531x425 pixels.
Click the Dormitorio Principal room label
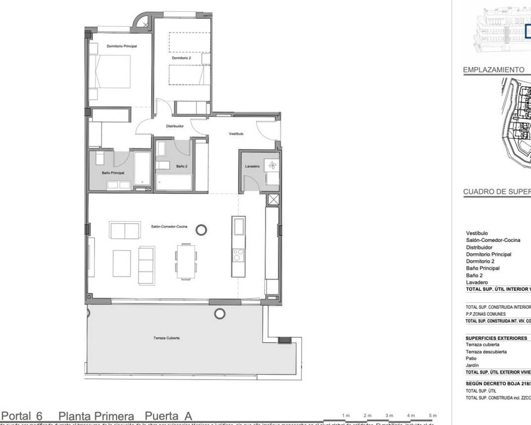[x=122, y=46]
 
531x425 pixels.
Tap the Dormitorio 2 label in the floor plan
[x=181, y=58]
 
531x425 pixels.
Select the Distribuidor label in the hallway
[x=175, y=126]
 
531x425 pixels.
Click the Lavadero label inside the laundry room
[x=252, y=166]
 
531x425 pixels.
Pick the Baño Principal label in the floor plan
[x=113, y=173]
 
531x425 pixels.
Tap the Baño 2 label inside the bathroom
[x=182, y=166]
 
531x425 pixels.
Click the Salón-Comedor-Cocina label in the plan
[x=169, y=227]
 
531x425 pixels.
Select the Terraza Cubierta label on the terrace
[x=166, y=338]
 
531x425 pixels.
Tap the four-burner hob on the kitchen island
[x=239, y=254]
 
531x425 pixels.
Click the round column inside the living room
[x=201, y=229]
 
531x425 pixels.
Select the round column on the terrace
[x=219, y=313]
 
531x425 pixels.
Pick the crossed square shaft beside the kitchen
[x=274, y=200]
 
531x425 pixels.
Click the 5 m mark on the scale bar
[x=433, y=415]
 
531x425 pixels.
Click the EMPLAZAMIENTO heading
[x=493, y=70]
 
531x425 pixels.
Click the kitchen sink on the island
[x=239, y=227]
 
